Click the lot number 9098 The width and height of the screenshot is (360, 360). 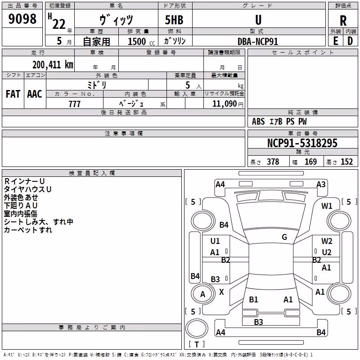coord(22,19)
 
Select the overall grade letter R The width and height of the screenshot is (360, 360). coord(343,21)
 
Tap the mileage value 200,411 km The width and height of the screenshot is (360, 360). coord(53,65)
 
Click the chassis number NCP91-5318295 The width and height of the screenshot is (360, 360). coord(302,143)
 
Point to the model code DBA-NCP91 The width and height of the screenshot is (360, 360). coord(258,41)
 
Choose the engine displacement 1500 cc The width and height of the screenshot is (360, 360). coord(141,41)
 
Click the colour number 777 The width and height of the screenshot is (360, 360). coord(74,104)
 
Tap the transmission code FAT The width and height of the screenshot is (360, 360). coord(13,94)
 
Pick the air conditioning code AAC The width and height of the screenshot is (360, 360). coord(35,94)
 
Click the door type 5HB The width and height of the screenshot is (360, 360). coord(174,20)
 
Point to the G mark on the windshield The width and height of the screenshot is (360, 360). coord(284,237)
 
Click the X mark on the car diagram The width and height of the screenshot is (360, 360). coord(221,292)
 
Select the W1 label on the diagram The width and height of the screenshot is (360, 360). coord(327,206)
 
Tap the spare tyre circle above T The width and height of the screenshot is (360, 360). coord(197,328)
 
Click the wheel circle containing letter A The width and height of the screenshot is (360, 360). coord(203,294)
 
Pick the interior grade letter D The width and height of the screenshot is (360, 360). coord(350,41)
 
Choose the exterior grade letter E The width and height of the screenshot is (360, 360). coord(335,41)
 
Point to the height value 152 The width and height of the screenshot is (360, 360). coord(346,162)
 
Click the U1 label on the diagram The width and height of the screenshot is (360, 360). coord(215,241)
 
